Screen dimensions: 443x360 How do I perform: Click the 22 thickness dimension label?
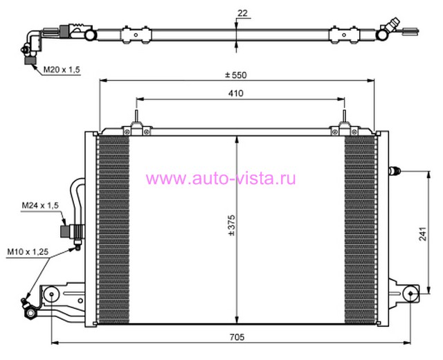(x=242, y=13)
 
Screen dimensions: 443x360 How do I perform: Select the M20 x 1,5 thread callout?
(x=62, y=69)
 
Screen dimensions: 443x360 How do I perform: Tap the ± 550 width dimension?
(x=236, y=75)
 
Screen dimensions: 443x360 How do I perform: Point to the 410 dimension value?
(x=236, y=93)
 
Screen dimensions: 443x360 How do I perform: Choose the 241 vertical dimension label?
(x=422, y=234)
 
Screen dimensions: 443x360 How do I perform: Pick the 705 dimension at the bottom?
(x=237, y=337)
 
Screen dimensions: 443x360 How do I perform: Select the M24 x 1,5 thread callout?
(x=40, y=206)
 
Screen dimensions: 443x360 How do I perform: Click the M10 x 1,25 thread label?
(x=28, y=251)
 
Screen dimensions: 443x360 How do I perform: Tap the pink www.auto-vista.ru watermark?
(x=221, y=179)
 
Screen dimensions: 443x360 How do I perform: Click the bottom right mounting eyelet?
(x=410, y=294)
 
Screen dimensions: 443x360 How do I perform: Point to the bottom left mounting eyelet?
(x=51, y=294)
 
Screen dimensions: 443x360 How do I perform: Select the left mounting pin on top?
(x=136, y=116)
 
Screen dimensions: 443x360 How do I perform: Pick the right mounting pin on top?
(x=344, y=116)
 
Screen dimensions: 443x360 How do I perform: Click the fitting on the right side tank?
(x=395, y=171)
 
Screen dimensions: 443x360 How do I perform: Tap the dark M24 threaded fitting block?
(x=65, y=231)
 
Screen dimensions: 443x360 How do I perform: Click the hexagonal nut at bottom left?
(x=30, y=314)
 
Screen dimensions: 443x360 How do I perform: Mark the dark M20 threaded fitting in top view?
(x=30, y=60)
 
